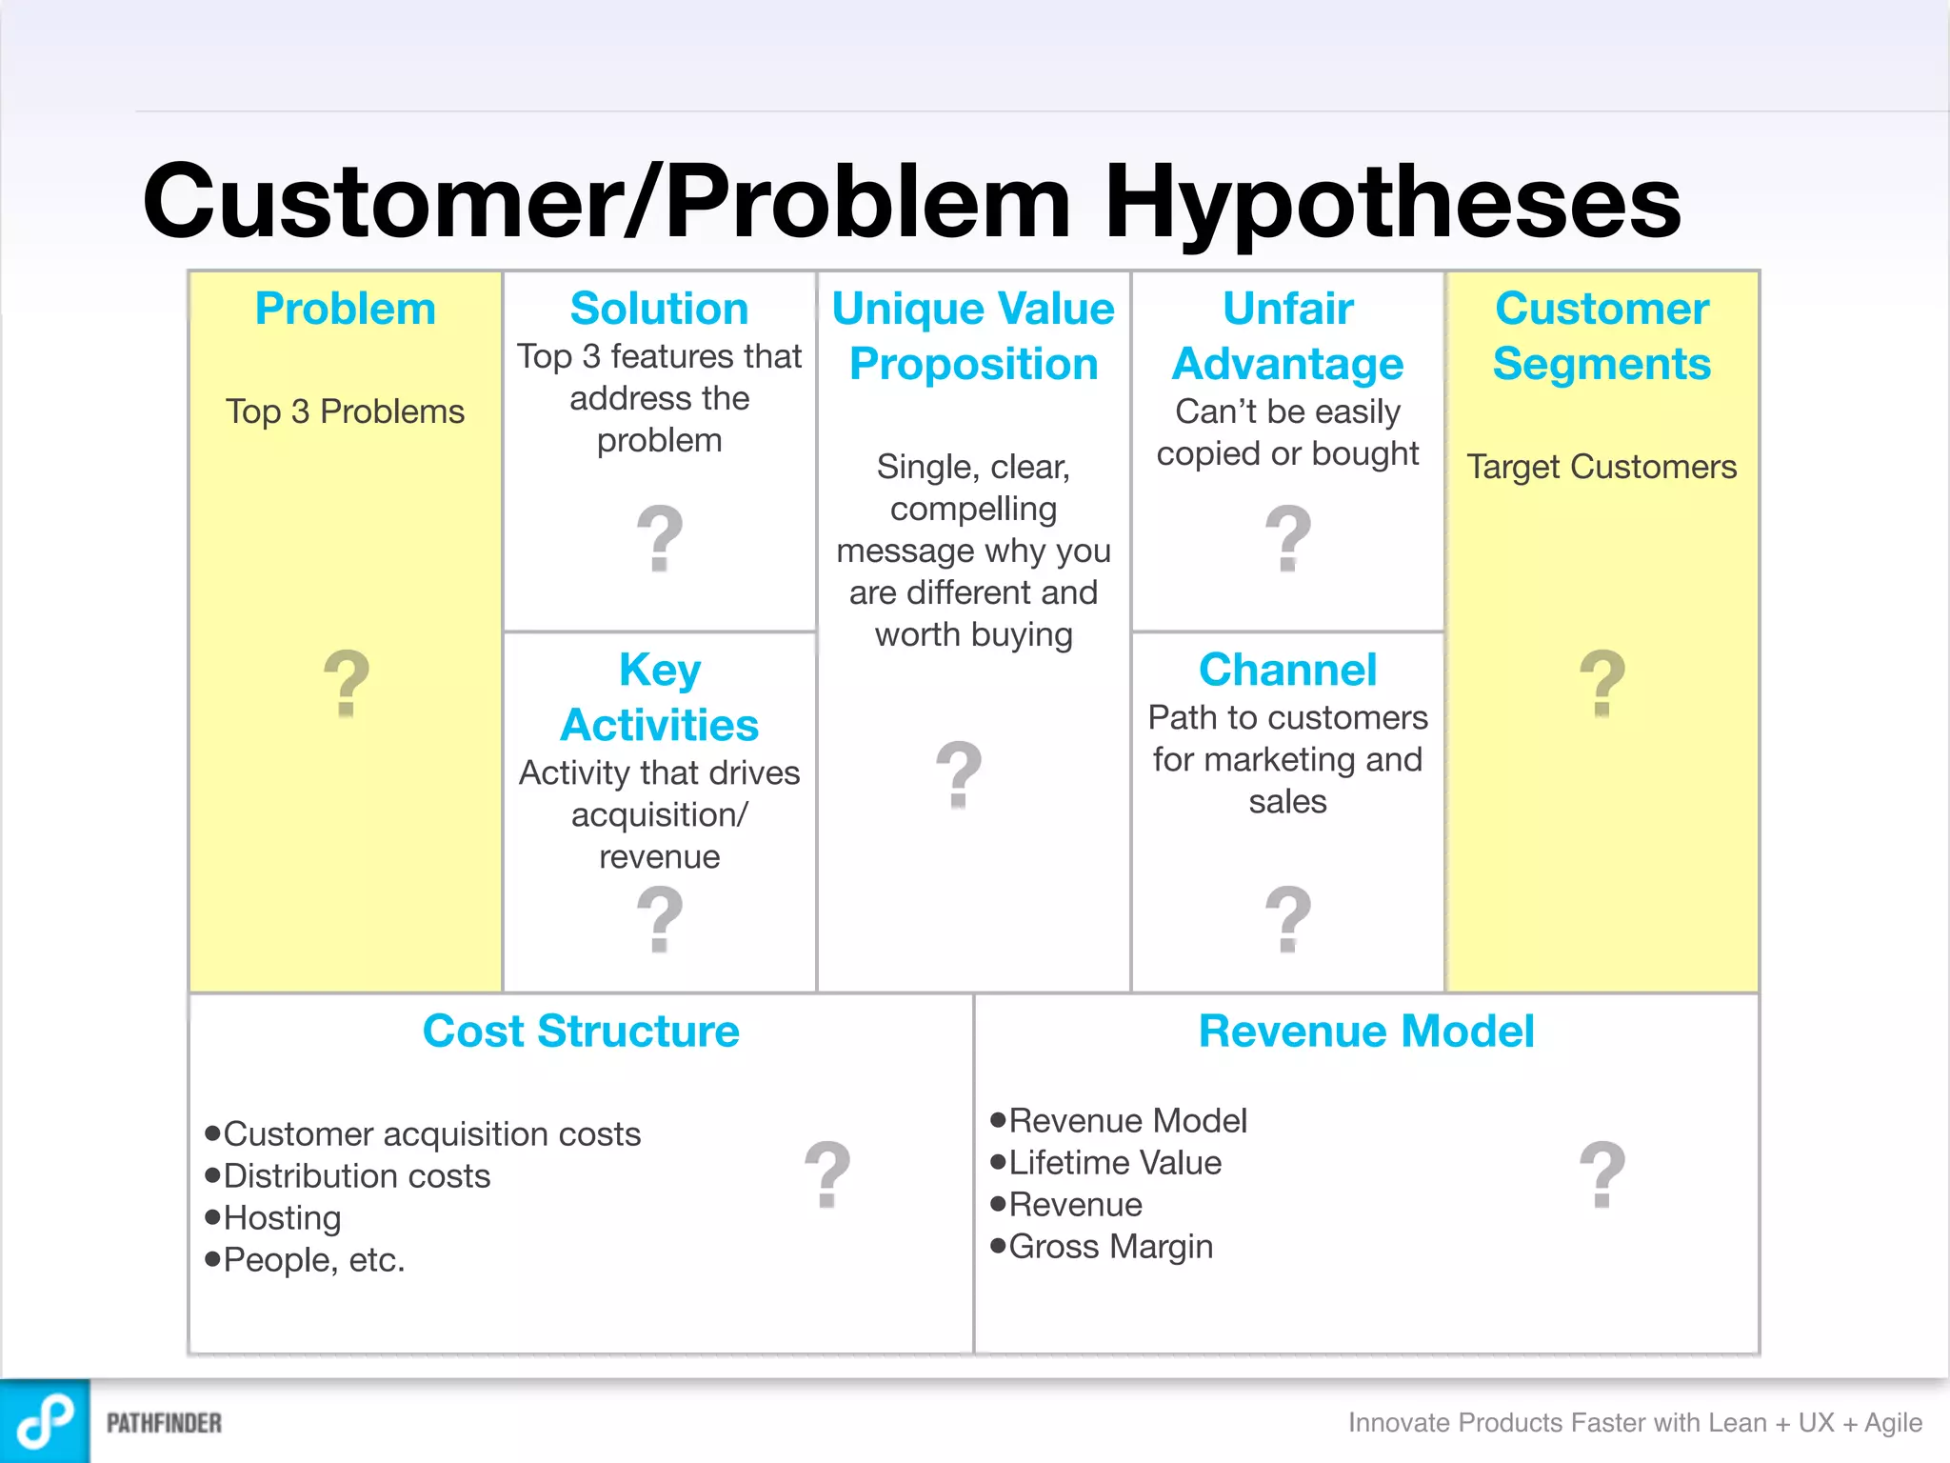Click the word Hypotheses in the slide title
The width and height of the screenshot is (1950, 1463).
click(1392, 202)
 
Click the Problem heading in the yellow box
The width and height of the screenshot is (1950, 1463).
click(345, 309)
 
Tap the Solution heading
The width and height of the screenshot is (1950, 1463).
click(659, 309)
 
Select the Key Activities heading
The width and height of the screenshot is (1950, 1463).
click(659, 697)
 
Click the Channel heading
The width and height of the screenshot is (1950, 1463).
click(1287, 670)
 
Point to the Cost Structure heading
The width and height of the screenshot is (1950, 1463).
click(581, 1031)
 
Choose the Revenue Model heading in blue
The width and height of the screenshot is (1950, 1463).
click(1366, 1031)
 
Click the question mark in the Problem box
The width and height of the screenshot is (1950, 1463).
click(347, 683)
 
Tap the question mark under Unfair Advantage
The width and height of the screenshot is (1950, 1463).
click(1288, 538)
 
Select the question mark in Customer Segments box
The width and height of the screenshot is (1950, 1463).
click(1602, 683)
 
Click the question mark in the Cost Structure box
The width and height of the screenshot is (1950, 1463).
click(826, 1173)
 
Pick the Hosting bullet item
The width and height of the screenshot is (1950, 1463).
click(282, 1218)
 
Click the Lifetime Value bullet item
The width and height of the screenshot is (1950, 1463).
click(1114, 1163)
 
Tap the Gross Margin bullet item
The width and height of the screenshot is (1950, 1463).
click(1110, 1247)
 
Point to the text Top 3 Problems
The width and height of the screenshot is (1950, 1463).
click(345, 411)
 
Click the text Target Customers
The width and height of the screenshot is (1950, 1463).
click(1602, 467)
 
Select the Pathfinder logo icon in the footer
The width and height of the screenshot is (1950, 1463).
click(45, 1421)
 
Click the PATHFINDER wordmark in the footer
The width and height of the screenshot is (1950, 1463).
click(164, 1423)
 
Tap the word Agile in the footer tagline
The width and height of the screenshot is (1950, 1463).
click(1893, 1423)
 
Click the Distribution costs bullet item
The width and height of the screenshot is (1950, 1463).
click(356, 1176)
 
